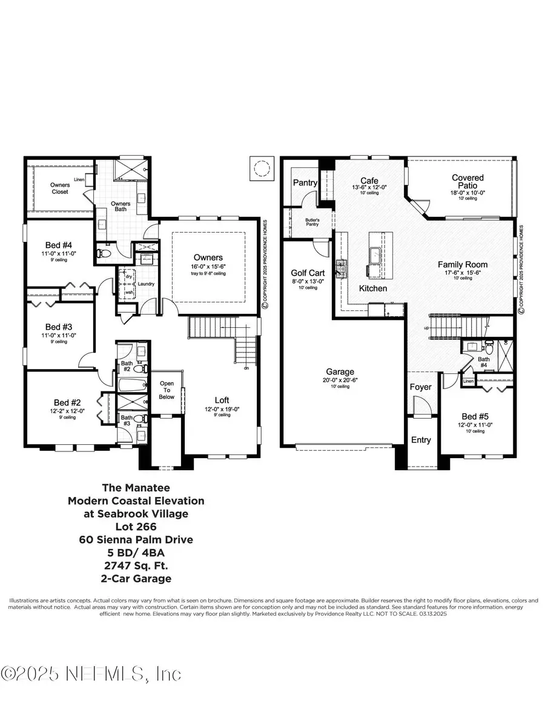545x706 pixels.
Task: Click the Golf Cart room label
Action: click(x=308, y=273)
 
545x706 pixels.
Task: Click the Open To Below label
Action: click(x=167, y=390)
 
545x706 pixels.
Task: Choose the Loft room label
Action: click(x=222, y=399)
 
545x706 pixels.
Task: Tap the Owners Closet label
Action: click(x=59, y=188)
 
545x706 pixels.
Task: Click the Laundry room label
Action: click(x=146, y=284)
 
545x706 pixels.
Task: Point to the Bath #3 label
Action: click(x=127, y=421)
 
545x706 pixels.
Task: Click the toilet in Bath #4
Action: click(x=489, y=347)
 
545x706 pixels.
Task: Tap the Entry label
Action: click(x=421, y=440)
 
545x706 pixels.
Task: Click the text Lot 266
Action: click(x=136, y=527)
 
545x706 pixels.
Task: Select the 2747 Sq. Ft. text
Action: click(x=136, y=565)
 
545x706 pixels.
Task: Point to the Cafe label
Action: click(x=369, y=181)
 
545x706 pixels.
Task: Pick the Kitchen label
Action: click(x=373, y=288)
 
